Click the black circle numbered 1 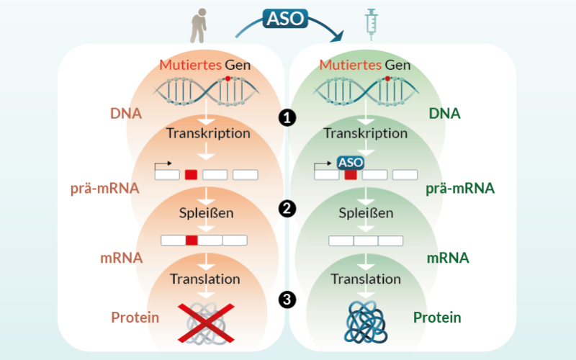[x=288, y=117]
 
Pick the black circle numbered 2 [x=288, y=209]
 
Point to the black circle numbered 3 [x=288, y=300]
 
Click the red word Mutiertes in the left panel [x=191, y=66]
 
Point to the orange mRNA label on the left [x=121, y=257]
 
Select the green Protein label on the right [x=437, y=318]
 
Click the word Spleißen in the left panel [x=207, y=213]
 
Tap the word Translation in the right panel [x=366, y=279]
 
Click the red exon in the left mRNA [x=192, y=240]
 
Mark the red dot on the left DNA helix [x=228, y=78]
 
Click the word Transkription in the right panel [x=365, y=133]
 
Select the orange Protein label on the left [x=135, y=318]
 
